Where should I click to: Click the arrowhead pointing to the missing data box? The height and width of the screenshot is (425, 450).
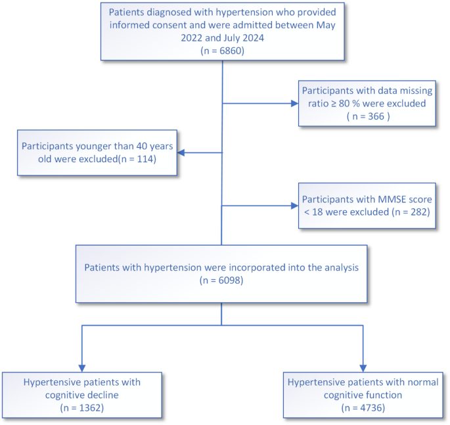pyautogui.click(x=293, y=103)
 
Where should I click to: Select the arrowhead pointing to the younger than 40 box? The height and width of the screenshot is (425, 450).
pyautogui.click(x=181, y=152)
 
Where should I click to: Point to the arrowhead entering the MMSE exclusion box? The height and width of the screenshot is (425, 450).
pyautogui.click(x=293, y=206)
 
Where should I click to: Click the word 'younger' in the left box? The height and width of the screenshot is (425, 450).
pyautogui.click(x=95, y=146)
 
